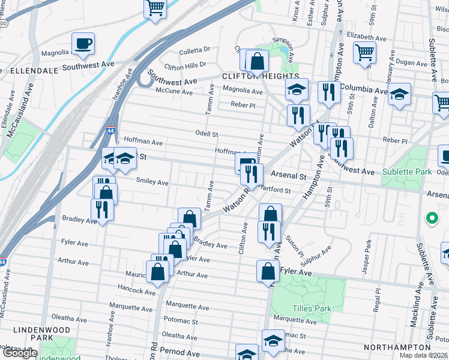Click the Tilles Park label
point(312,308)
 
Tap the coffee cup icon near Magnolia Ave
point(83,43)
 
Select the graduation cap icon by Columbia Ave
point(399,94)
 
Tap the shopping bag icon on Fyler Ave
point(268,271)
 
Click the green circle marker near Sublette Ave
point(430,218)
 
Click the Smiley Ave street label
point(152,182)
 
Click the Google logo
point(20,353)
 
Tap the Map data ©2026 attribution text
point(424,355)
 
